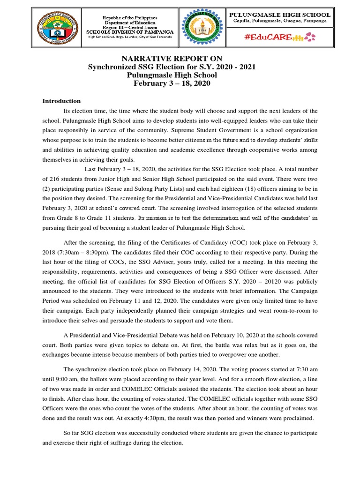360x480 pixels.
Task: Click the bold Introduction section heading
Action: [x=62, y=101]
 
